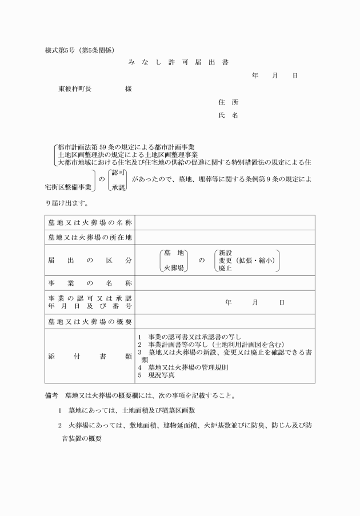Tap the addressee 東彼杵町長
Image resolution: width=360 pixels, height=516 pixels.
tap(75, 89)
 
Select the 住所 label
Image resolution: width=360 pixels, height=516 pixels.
tap(228, 102)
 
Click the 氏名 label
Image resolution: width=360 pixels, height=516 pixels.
tap(228, 115)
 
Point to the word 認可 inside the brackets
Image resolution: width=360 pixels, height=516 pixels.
tap(119, 173)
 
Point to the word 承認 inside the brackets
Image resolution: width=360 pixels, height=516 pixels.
tap(119, 187)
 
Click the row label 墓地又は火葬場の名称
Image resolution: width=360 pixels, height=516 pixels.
tap(90, 222)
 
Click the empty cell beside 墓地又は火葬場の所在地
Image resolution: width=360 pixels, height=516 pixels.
tap(225, 237)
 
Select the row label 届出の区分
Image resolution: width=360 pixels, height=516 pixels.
tap(90, 261)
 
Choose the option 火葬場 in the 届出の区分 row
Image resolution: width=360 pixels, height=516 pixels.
tap(174, 267)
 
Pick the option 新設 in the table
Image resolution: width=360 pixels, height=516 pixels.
tap(225, 253)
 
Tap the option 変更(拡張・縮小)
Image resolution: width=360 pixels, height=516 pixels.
tap(246, 261)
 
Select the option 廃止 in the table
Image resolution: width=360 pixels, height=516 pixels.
tap(225, 268)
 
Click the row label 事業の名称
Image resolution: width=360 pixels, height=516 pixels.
tap(90, 283)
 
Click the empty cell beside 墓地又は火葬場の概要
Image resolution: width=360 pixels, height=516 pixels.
tap(225, 322)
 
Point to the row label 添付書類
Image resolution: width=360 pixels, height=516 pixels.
tap(90, 356)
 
